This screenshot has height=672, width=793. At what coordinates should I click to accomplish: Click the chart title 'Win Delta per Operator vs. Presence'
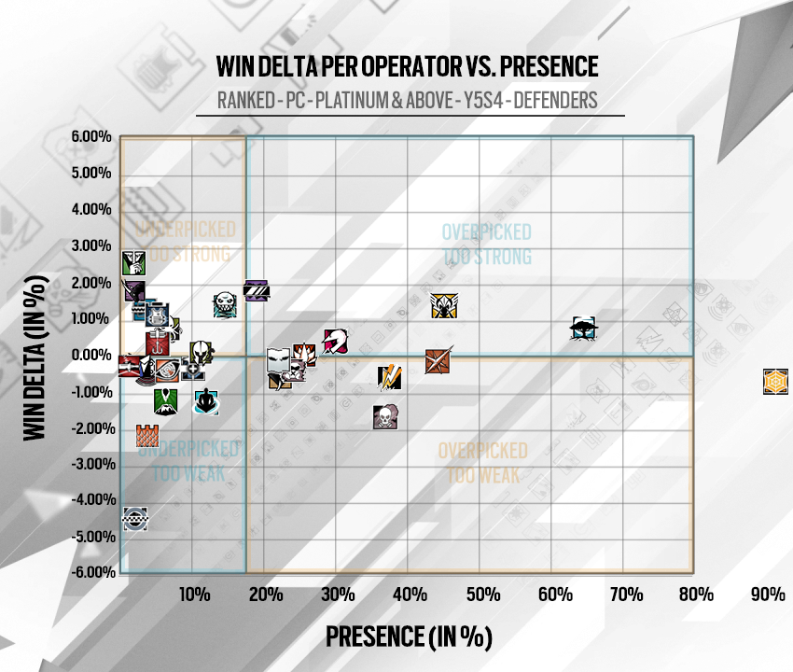[x=406, y=68]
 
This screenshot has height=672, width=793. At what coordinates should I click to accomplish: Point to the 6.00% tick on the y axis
[x=91, y=137]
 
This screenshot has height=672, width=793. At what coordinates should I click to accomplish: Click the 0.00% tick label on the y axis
[x=91, y=355]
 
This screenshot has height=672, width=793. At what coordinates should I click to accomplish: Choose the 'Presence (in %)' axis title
[x=408, y=637]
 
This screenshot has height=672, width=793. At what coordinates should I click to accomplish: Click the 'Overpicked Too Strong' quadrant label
[x=486, y=244]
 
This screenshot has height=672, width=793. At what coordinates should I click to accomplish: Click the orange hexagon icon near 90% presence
[x=774, y=381]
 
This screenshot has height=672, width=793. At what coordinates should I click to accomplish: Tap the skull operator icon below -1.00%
[x=384, y=417]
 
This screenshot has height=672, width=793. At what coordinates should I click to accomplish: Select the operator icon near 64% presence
[x=584, y=328]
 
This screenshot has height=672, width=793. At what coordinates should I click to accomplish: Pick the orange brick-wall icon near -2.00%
[x=147, y=435]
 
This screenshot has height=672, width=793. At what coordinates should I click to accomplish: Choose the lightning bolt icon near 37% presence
[x=390, y=376]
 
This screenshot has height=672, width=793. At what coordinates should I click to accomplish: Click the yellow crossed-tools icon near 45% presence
[x=442, y=305]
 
